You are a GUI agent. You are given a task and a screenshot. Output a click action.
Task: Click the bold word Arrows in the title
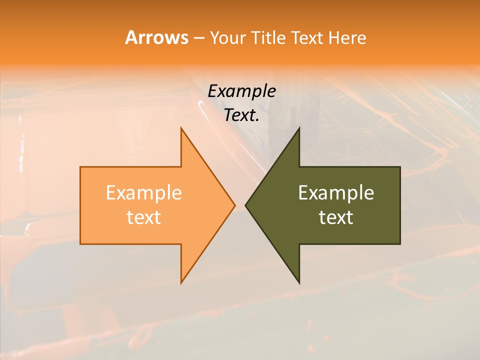pos(156,37)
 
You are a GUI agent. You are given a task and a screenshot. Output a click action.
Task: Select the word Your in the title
pos(228,38)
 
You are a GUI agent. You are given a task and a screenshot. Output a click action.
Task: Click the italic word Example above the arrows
pos(241,91)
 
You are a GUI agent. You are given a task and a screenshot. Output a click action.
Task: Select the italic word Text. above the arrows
pos(241,115)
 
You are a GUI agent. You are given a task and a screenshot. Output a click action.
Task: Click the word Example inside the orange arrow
pos(143,193)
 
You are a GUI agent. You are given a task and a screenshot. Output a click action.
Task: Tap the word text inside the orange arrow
pos(143,217)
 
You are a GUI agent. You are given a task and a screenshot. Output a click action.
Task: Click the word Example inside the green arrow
pos(336,193)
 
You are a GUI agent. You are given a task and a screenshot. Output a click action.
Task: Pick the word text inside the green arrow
pos(336,217)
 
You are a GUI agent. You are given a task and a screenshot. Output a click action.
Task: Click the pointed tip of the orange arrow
pos(234,205)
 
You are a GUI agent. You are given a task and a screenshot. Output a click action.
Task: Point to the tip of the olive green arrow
pos(246,205)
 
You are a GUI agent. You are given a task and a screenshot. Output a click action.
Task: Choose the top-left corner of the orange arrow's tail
pos(81,167)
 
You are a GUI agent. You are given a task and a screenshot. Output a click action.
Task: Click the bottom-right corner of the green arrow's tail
pos(399,243)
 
